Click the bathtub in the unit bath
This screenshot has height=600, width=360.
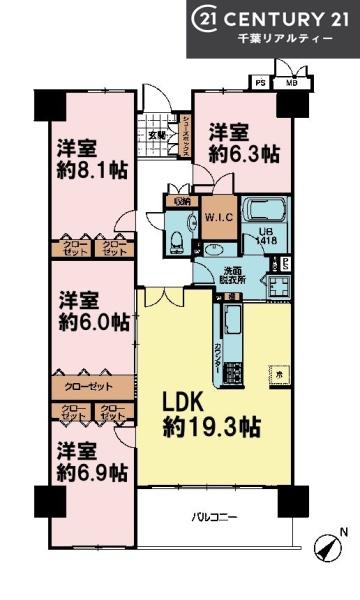coord(264,212)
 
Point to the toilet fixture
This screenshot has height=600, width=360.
coord(176,240)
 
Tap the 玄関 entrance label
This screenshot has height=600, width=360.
coord(158,134)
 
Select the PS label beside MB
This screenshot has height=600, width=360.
coord(260,83)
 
